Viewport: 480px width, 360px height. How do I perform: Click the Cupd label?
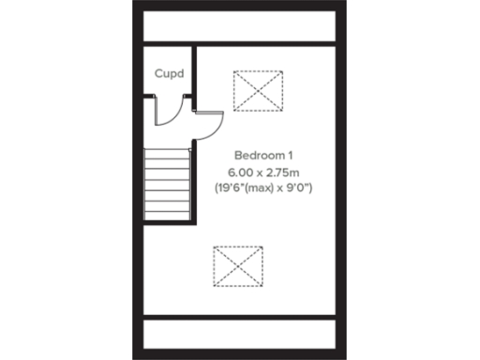pos(169,73)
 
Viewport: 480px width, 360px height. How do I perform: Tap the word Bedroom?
pos(251,154)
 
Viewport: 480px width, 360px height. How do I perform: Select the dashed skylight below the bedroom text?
pos(238,265)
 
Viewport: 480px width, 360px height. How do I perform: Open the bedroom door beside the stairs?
pos(210,124)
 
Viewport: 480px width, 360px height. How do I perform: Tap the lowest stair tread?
pos(168,214)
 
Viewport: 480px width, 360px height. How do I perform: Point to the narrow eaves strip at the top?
pos(238,25)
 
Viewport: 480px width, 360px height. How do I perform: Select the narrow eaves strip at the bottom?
pos(238,333)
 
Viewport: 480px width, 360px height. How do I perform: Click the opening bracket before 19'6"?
pos(217,188)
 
